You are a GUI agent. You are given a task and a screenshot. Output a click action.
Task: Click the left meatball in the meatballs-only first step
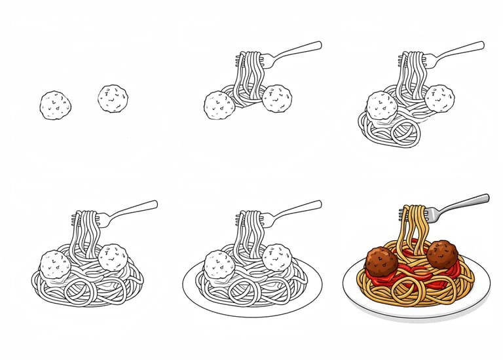(x=55, y=105)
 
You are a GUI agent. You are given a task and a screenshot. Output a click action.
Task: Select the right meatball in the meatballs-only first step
(x=113, y=98)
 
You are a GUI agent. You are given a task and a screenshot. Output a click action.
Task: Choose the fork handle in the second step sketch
(x=299, y=50)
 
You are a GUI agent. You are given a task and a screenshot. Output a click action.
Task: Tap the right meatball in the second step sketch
(x=277, y=98)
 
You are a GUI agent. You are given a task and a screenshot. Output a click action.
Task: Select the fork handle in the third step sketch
(x=462, y=50)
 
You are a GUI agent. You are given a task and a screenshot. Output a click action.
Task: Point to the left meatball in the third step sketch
(x=381, y=105)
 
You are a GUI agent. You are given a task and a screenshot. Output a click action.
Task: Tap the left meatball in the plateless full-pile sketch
(x=55, y=264)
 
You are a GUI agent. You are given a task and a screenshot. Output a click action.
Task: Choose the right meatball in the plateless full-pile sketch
(x=113, y=257)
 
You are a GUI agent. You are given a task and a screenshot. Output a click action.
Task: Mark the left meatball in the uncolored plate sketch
(x=219, y=264)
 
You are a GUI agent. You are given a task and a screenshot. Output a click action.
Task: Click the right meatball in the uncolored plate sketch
(x=276, y=257)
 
